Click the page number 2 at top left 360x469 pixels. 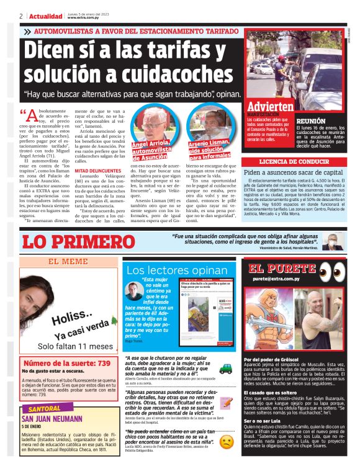[21, 16]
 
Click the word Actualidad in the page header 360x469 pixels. [45, 16]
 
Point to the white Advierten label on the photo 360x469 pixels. [270, 106]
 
